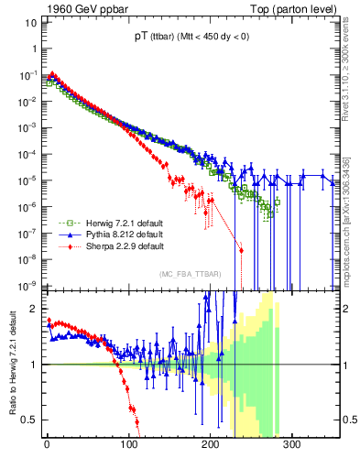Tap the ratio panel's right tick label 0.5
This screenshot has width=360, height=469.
point(348,420)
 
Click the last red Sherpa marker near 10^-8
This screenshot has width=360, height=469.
point(241,250)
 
